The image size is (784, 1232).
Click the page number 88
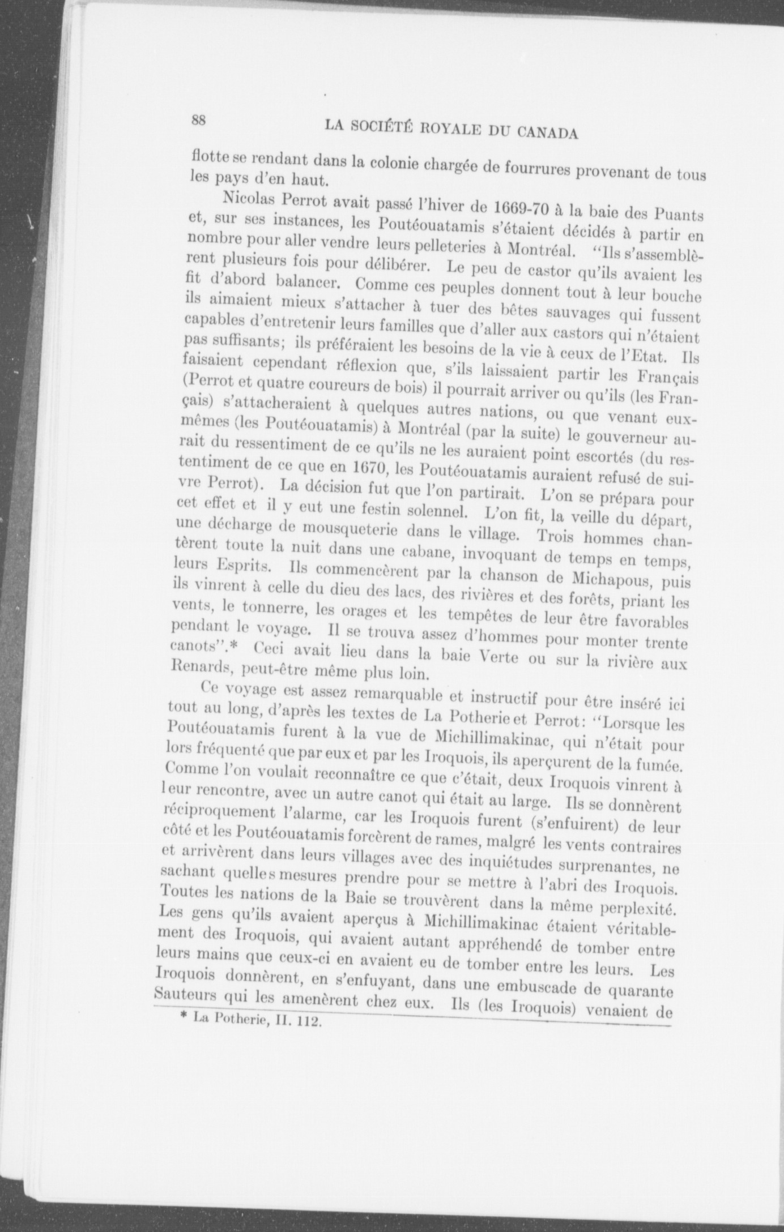coord(198,119)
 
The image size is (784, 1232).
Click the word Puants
coord(679,215)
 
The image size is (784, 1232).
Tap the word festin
coord(388,509)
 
